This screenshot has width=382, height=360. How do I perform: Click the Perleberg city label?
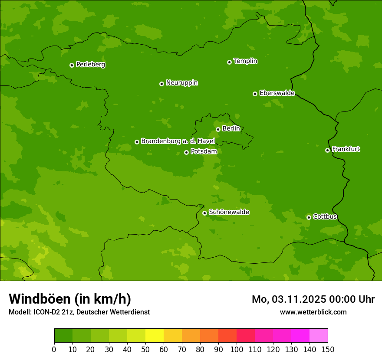[x=90, y=65]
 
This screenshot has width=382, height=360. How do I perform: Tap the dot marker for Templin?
[x=229, y=62]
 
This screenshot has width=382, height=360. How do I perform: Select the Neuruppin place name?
[x=181, y=83]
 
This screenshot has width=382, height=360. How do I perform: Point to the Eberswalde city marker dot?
[x=255, y=94]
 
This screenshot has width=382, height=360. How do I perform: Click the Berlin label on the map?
[x=231, y=129]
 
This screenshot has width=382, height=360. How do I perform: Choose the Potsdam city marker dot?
[x=186, y=152]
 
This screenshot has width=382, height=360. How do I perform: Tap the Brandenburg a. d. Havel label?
[x=178, y=141]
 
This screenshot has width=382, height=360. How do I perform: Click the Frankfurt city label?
[x=346, y=149]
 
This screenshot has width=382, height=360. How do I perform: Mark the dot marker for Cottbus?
[x=309, y=217]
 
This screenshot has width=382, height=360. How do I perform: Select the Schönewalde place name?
[x=229, y=212]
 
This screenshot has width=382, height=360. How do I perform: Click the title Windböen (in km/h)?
[x=70, y=299]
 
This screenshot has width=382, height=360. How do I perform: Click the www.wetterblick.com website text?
[x=313, y=312]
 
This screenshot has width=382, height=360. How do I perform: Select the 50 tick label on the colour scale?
[x=145, y=349]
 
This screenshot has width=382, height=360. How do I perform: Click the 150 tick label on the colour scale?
[x=328, y=349]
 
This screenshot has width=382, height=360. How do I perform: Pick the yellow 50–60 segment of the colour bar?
[x=155, y=336]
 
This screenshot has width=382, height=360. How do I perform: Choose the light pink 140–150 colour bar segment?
[x=319, y=336]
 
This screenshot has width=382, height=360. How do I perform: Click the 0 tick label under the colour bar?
[x=54, y=349]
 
